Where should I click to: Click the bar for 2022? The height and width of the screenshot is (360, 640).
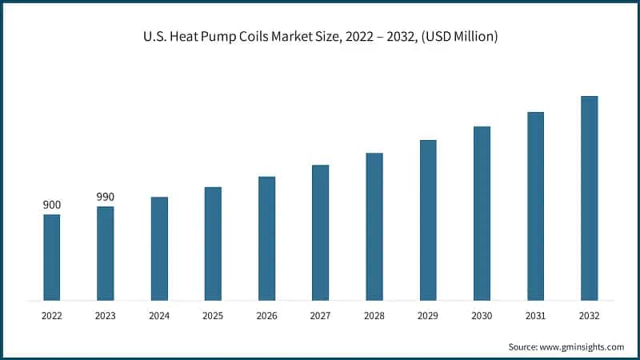click(51, 257)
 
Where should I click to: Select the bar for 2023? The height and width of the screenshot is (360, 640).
click(105, 253)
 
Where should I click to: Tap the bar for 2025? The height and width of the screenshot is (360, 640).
click(213, 243)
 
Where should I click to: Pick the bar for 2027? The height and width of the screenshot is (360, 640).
click(320, 232)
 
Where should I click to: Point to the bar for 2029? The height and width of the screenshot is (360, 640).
click(428, 220)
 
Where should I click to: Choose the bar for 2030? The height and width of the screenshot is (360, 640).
click(482, 213)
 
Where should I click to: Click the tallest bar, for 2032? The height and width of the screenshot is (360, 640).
click(589, 198)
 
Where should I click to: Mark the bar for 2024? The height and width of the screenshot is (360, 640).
click(159, 248)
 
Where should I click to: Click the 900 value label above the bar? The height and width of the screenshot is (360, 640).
click(51, 205)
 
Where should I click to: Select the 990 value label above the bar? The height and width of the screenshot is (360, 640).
click(105, 197)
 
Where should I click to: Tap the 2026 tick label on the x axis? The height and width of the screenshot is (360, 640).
click(266, 316)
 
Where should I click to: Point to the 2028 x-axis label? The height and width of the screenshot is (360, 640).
click(374, 316)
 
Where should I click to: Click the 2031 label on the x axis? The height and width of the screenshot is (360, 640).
click(535, 316)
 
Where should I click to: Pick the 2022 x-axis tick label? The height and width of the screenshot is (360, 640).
click(51, 316)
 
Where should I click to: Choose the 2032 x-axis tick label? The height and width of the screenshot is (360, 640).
click(589, 316)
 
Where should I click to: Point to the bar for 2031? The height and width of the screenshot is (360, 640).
click(535, 206)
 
